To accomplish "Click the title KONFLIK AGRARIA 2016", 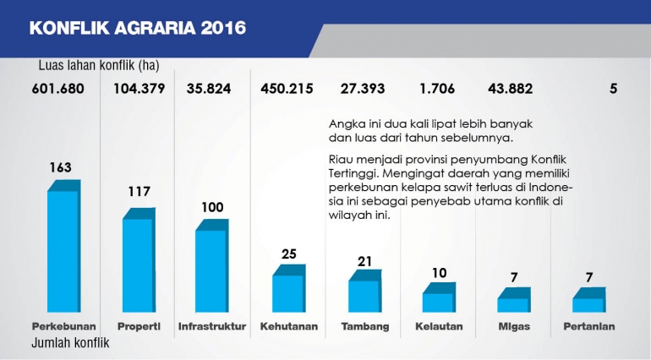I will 138,28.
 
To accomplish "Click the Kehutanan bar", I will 287,292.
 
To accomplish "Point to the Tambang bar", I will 364,295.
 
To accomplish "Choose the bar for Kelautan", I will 438,302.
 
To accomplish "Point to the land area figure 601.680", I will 59,89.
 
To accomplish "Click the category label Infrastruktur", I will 212,326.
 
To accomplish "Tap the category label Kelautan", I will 438,326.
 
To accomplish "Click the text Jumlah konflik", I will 70,343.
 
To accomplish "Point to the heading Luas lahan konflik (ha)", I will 98,65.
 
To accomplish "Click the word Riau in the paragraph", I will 341,158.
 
